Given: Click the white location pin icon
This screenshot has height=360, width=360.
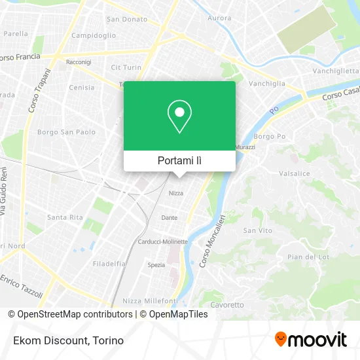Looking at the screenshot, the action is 179,117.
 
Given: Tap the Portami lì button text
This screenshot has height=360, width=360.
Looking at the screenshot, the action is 179,160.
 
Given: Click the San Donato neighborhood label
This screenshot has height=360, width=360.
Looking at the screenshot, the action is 127,19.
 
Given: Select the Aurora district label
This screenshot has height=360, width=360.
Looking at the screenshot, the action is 219,18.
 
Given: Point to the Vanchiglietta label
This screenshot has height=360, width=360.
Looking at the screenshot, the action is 336,70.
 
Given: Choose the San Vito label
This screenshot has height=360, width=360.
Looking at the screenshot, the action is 257,230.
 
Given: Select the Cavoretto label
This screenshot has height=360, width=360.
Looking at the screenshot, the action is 226,305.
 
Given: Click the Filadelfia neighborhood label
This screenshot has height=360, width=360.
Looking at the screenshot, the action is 109,264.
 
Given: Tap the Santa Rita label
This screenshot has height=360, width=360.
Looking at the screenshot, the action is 65,217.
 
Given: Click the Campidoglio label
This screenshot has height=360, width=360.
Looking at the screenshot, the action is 93,35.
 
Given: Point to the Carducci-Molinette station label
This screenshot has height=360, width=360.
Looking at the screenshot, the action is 162,242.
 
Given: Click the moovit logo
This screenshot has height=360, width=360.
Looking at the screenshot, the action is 311,339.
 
